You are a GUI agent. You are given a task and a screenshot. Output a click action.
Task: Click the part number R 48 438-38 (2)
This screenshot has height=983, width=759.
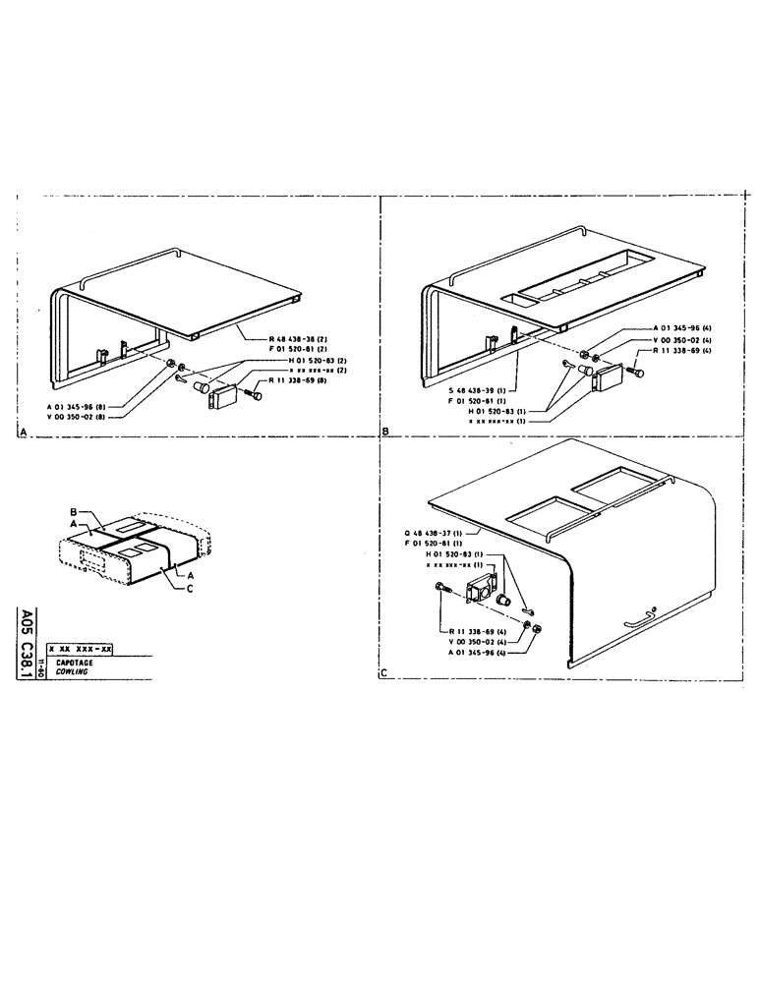[304, 338]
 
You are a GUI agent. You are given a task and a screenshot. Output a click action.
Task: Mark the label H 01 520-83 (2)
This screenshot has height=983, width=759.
[304, 359]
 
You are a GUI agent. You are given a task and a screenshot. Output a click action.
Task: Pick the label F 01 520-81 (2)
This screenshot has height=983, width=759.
[304, 348]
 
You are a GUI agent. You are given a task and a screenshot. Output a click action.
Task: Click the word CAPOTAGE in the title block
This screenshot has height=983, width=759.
[75, 664]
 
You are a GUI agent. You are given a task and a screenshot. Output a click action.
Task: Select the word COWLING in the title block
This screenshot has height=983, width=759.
[73, 673]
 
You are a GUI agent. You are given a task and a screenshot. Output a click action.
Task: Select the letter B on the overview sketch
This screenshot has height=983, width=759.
[73, 513]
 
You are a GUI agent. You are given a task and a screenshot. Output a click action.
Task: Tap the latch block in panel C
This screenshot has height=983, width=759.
[483, 592]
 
